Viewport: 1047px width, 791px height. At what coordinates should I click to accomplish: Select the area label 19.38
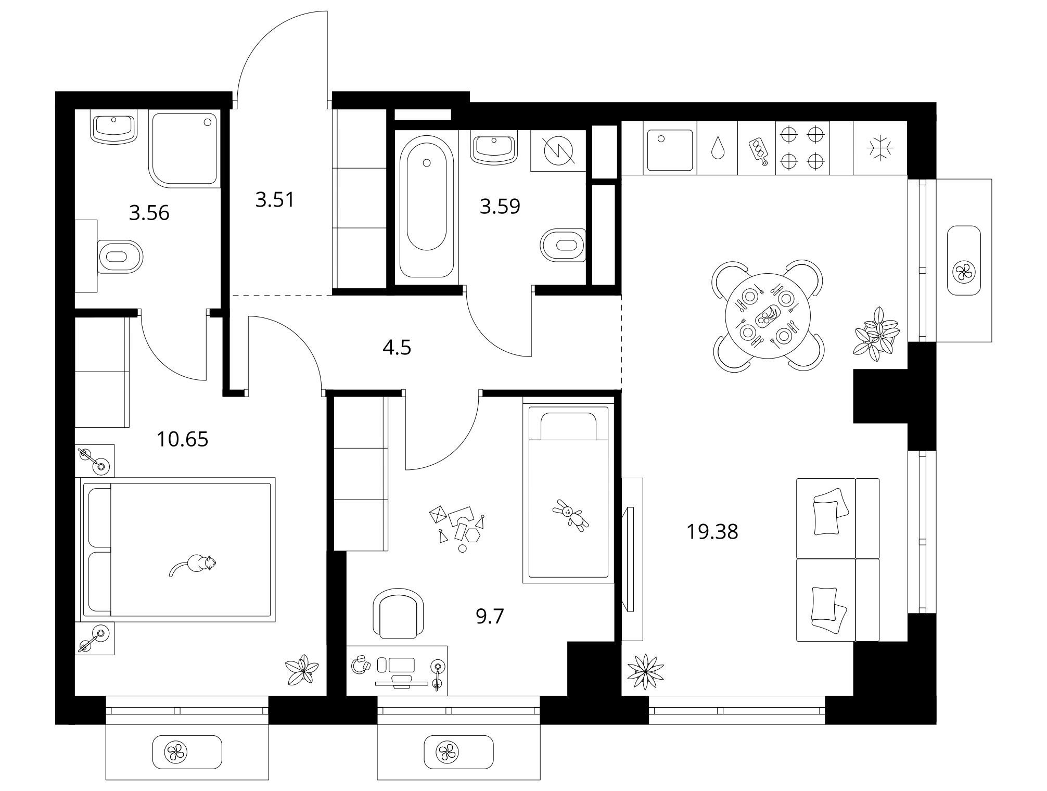tap(712, 532)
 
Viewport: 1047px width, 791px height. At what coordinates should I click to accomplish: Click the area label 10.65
tap(182, 439)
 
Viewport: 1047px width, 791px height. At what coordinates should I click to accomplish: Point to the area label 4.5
tap(397, 347)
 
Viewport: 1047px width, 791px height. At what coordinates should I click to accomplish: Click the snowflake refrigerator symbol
tap(880, 148)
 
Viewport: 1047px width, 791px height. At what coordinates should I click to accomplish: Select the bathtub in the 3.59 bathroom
tap(426, 207)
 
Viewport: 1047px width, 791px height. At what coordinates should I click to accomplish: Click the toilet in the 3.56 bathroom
tap(120, 256)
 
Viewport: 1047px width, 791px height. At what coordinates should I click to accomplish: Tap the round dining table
tap(768, 315)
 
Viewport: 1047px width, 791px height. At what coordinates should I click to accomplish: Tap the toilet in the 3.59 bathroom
tap(563, 245)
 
